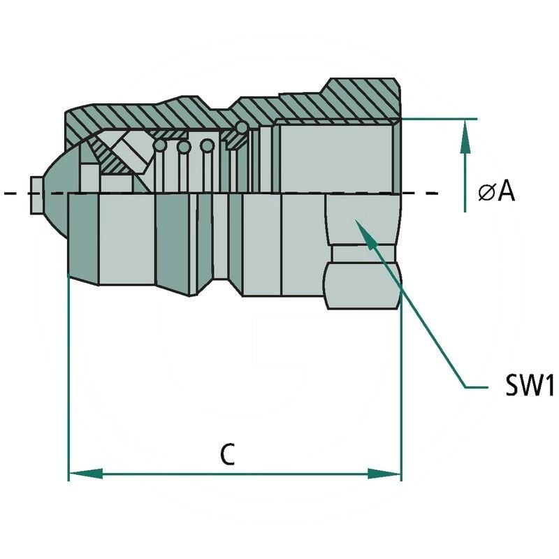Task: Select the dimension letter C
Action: pos(226,455)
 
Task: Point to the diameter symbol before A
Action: pos(486,192)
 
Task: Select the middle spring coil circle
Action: pos(184,147)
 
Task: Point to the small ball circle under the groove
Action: pos(241,128)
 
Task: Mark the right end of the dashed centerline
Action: pos(437,192)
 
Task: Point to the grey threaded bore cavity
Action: pos(335,157)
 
